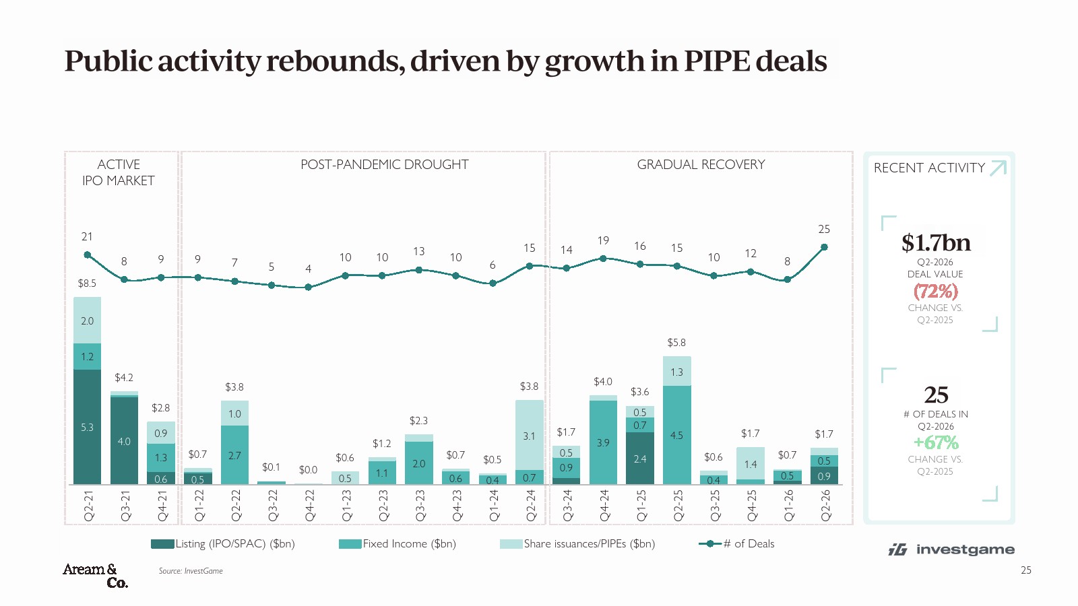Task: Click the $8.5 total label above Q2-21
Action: (87, 283)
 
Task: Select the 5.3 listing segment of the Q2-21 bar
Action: (87, 427)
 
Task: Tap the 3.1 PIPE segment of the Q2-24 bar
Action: (530, 435)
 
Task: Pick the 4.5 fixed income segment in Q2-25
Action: (676, 435)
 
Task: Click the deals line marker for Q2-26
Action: (824, 247)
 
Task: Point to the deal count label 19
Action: (603, 240)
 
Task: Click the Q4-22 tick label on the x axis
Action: (309, 506)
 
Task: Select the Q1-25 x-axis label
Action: (641, 506)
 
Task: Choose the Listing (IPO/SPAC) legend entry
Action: (223, 544)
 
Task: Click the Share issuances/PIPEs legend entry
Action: (577, 544)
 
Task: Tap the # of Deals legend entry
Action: (737, 544)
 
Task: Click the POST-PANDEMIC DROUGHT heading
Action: (385, 164)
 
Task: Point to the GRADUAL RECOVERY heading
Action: (701, 164)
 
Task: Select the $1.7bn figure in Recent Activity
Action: (936, 242)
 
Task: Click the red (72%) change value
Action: (936, 291)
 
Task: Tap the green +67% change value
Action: (936, 442)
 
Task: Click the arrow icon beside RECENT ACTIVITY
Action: (998, 168)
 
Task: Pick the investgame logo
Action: (951, 549)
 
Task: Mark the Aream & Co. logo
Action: (95, 576)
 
